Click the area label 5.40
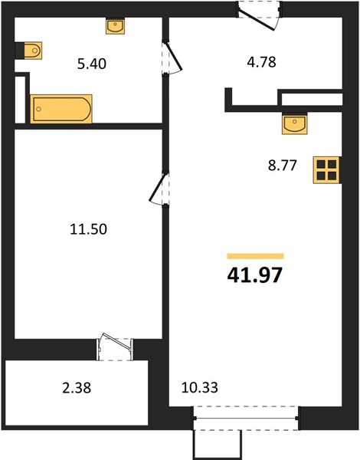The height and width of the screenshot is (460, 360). tap(91, 64)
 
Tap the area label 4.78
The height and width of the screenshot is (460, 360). tap(261, 62)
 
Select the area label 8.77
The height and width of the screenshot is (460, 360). tap(283, 166)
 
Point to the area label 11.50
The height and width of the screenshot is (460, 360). tap(89, 229)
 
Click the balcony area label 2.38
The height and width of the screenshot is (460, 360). tap(77, 388)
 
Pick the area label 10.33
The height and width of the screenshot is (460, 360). tap(200, 387)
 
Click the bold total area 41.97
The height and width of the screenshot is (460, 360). tap(255, 275)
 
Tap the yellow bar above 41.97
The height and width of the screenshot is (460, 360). tap(255, 256)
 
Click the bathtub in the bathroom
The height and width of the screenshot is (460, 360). tap(61, 109)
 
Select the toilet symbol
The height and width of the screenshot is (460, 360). tap(32, 51)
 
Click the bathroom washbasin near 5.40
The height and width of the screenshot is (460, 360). tap(115, 27)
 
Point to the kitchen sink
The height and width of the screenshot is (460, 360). tap(295, 123)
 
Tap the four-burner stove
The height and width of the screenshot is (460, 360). tap(326, 170)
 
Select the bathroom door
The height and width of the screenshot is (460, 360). tap(172, 58)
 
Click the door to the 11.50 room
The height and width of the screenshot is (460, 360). tap(159, 189)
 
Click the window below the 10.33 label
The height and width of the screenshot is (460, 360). tap(246, 418)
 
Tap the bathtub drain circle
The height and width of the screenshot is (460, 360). tap(39, 109)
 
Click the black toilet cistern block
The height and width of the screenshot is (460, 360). tap(19, 51)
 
